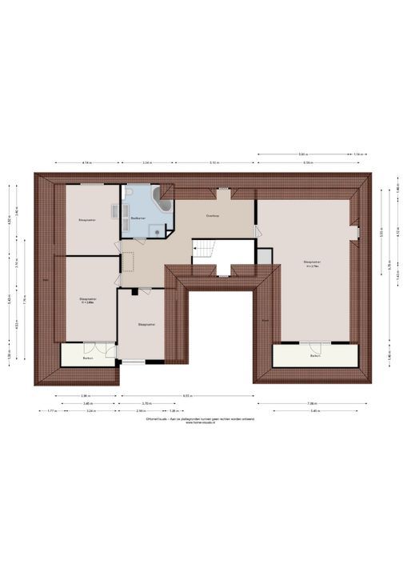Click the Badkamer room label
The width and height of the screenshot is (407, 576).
pos(138,217)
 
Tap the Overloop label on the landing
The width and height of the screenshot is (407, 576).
pos(212,215)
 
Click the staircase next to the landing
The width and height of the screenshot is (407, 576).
pos(204,251)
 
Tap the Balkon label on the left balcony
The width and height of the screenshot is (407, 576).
pos(88,358)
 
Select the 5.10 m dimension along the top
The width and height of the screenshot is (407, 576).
pos(215,162)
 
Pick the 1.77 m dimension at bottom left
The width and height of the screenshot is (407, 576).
pos(50,411)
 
